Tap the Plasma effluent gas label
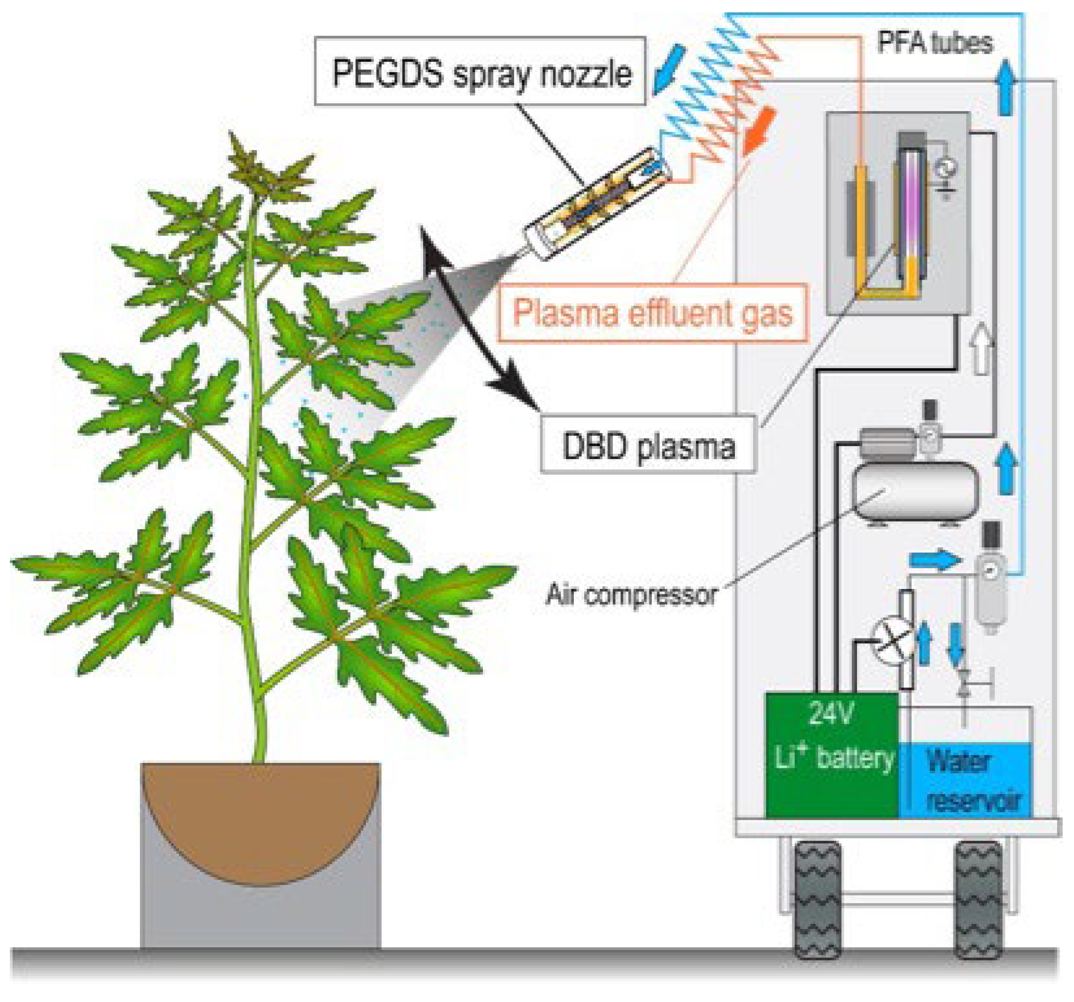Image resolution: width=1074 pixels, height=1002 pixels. [x=652, y=313]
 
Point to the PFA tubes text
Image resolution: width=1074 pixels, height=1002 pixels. [x=935, y=42]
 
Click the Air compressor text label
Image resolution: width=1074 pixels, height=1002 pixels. [x=631, y=595]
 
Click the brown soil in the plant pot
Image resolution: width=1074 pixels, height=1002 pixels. [x=261, y=810]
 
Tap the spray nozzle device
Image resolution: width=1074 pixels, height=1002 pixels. [x=597, y=203]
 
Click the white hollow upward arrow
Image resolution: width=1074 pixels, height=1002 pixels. [x=982, y=349]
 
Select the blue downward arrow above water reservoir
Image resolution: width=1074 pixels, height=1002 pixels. [x=956, y=643]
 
